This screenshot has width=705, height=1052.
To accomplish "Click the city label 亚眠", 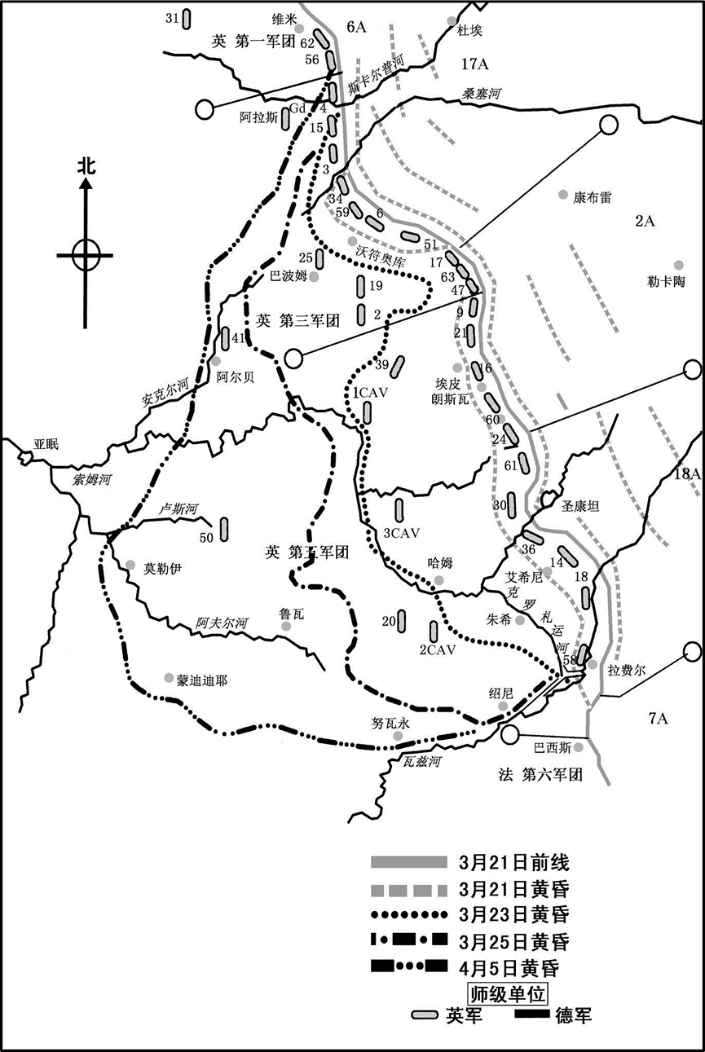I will click(x=47, y=445).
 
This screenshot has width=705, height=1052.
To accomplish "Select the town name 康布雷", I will click(x=592, y=197).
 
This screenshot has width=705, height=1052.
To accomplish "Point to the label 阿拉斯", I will click(x=259, y=117).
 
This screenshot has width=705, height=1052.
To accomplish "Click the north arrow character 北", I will click(x=86, y=166).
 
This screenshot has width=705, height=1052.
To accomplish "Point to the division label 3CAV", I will click(x=400, y=533).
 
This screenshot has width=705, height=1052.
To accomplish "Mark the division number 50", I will click(x=205, y=537).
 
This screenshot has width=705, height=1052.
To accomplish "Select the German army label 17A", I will click(x=473, y=64).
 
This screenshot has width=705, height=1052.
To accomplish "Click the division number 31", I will click(x=171, y=17).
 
